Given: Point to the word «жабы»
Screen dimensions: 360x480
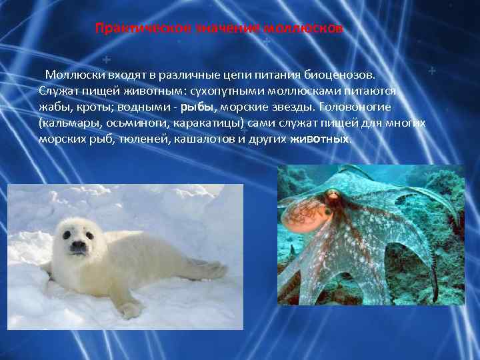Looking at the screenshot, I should (x=54, y=107).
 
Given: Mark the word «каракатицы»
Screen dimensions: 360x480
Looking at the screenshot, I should (x=195, y=123).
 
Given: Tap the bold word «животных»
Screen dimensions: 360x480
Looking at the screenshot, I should (x=319, y=140).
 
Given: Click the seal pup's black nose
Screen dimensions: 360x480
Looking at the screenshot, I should (x=78, y=245).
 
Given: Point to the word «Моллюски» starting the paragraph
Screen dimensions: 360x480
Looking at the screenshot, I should (x=71, y=73).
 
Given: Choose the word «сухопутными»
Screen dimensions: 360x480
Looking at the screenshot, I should (x=225, y=90).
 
